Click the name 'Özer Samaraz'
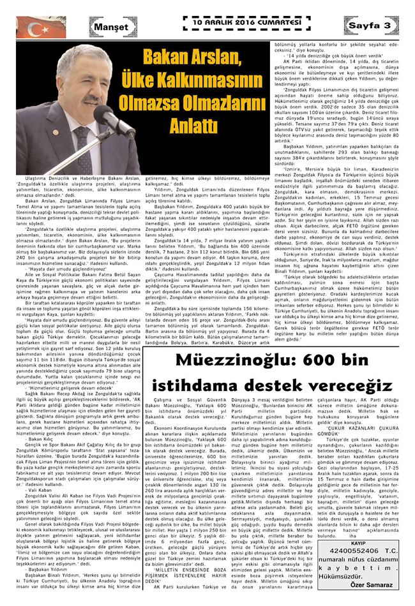[x=381, y=584]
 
